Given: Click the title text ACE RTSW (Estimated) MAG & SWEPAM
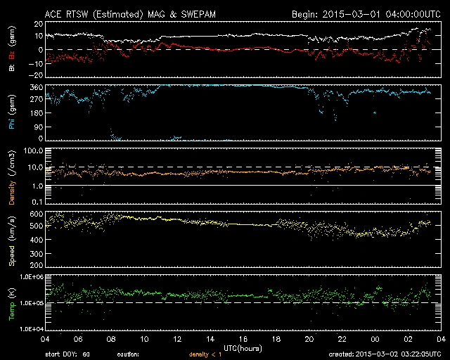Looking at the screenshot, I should pyautogui.click(x=121, y=13).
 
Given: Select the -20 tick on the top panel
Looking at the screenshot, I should pyautogui.click(x=30, y=75).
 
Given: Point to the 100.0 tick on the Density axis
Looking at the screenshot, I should pyautogui.click(x=27, y=151).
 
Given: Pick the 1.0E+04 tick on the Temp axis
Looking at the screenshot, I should pyautogui.click(x=24, y=328).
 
